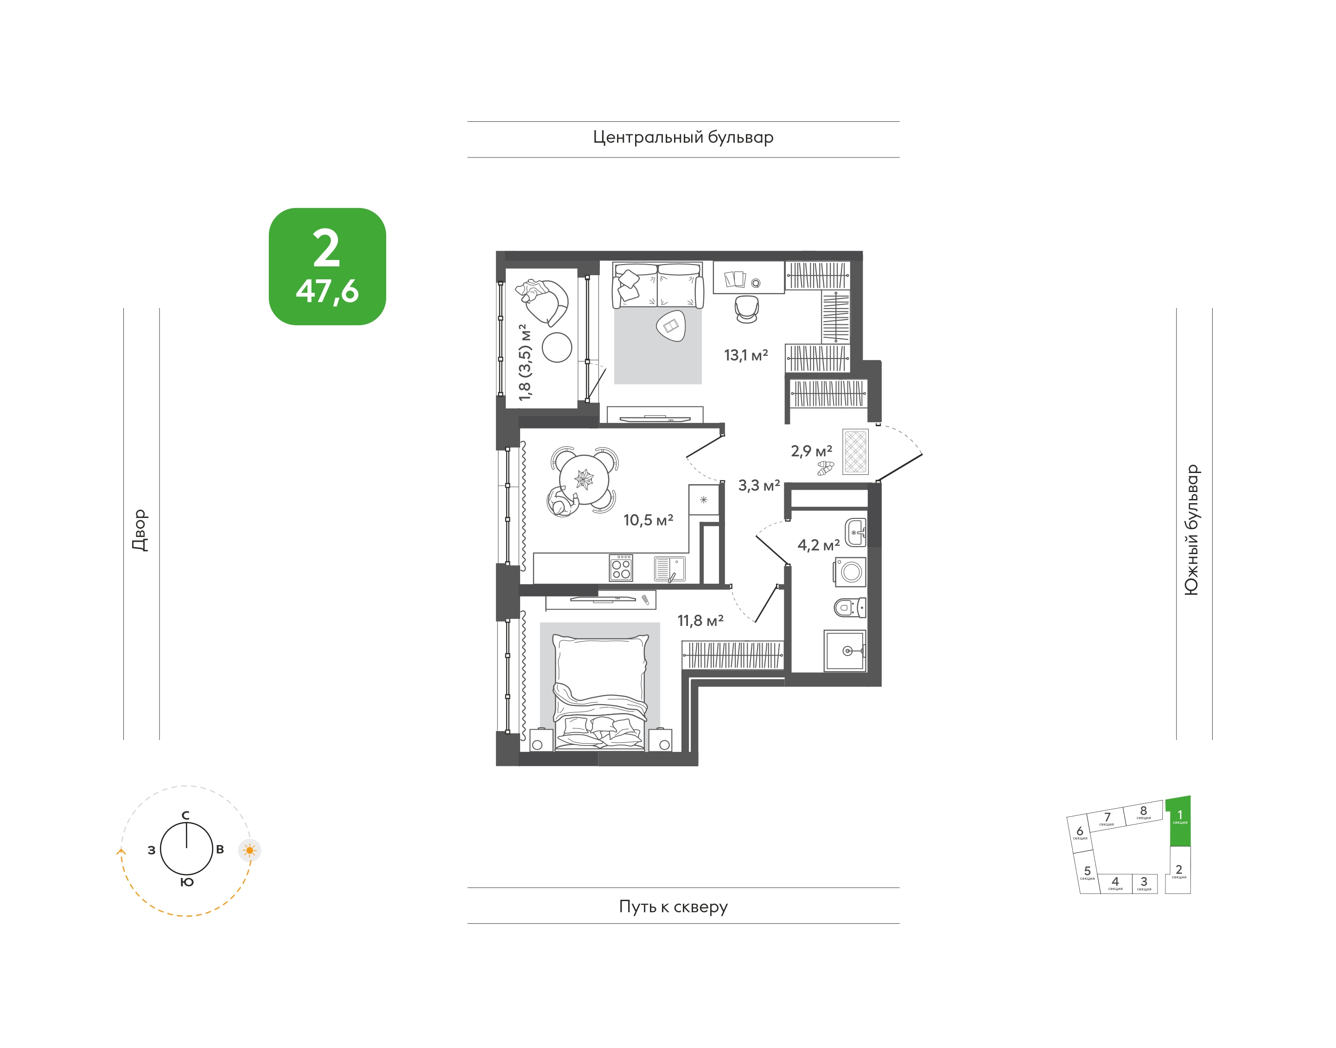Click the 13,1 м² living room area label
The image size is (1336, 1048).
(745, 355)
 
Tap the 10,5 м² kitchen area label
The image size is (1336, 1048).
(649, 520)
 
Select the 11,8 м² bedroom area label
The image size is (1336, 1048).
(700, 621)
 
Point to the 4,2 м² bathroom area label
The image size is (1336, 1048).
(818, 545)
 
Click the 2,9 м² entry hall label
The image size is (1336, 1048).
(811, 451)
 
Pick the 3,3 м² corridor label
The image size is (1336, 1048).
(759, 486)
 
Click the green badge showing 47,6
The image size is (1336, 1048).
(327, 266)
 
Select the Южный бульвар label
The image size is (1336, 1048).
(1191, 530)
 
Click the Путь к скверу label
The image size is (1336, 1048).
(673, 906)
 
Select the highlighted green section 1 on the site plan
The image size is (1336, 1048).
(1179, 821)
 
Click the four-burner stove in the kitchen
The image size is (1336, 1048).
(621, 568)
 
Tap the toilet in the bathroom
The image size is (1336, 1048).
(850, 608)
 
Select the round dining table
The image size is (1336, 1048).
(584, 479)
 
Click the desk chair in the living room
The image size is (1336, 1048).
(747, 309)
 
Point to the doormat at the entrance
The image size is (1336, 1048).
(855, 451)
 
